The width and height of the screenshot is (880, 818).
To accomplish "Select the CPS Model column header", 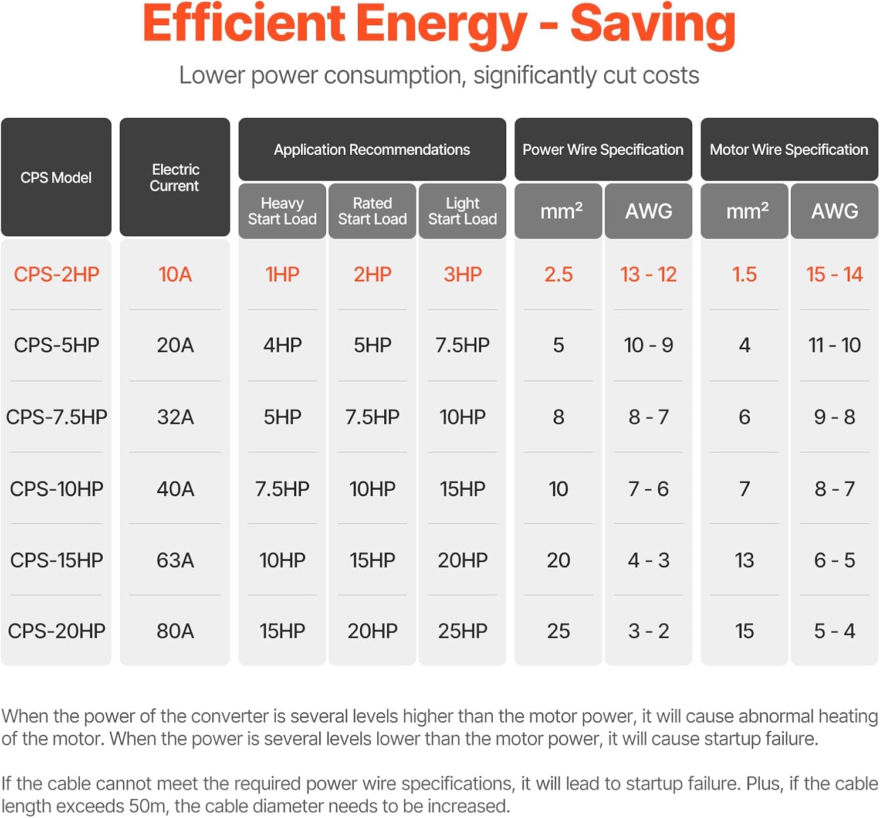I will pos(56,178).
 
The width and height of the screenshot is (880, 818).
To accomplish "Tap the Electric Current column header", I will pos(175,178).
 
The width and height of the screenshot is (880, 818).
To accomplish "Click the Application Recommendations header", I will pos(372,150).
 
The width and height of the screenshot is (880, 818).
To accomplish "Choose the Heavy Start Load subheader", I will pos(282,211).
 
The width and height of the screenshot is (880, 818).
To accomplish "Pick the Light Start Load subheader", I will pos(462,211).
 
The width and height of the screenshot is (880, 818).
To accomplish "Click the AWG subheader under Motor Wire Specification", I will pos(834,211).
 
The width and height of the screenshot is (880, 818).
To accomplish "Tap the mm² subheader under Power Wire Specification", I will pos(559,211).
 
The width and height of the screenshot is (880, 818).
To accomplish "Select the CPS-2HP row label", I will pos(56,274).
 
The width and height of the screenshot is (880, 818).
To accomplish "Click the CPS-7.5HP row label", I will pos(56,417).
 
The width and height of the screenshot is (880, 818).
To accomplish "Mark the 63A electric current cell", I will pos(175,561).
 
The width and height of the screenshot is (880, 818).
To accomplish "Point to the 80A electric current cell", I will pos(175,632).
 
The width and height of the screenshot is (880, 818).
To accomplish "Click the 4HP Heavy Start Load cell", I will pos(282,345).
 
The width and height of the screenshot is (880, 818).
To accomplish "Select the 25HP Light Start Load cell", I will pos(462,632).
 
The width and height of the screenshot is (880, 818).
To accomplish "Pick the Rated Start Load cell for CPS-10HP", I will pos(372,489).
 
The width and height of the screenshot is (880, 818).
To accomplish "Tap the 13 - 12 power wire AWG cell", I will pos(648,274).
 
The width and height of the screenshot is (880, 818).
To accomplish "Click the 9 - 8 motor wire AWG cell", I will pos(834,417).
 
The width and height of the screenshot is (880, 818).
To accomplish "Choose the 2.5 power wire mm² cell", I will pos(559,274).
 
